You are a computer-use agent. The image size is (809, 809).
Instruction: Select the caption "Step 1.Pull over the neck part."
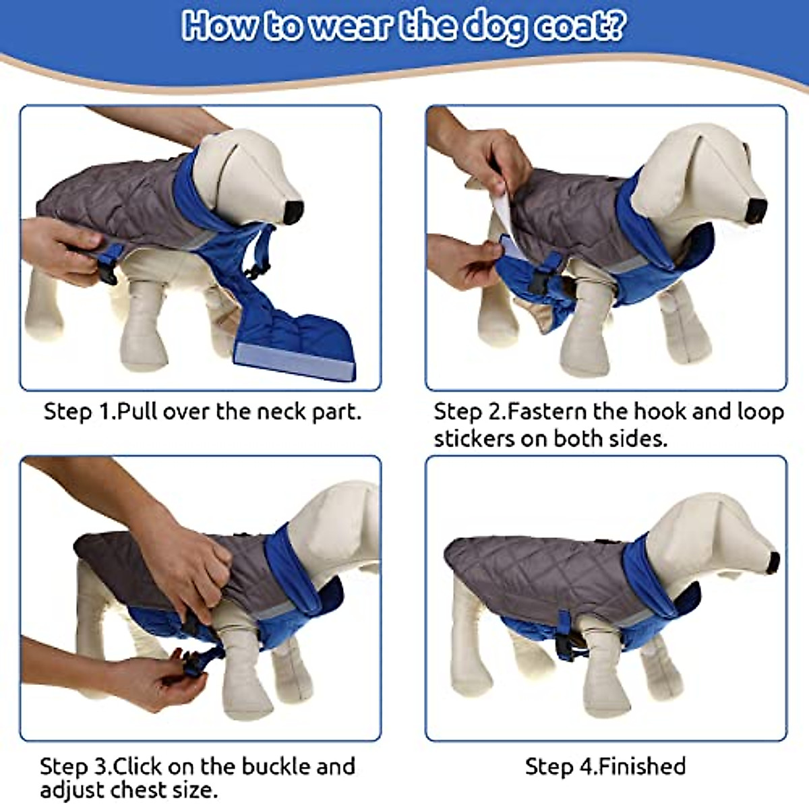[x=202, y=411]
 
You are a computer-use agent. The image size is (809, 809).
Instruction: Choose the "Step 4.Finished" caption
[x=605, y=767]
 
